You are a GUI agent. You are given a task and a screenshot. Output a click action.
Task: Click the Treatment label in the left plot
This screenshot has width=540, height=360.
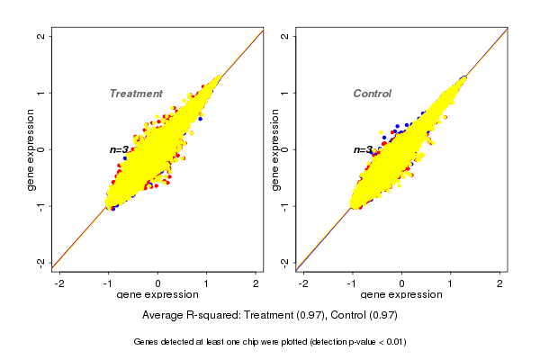coord(136,94)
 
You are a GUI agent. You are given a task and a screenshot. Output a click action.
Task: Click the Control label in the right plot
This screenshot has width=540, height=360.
coord(373,94)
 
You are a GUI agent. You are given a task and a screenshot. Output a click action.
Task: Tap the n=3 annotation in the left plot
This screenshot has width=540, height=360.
coord(120,149)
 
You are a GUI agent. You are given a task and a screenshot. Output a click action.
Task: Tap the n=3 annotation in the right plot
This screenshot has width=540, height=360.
coord(364,149)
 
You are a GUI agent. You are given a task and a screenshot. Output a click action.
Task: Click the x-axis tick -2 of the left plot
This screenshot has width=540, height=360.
coord(60,283)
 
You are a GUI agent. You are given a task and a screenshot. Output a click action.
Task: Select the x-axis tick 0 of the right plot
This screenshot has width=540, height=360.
coord(402,283)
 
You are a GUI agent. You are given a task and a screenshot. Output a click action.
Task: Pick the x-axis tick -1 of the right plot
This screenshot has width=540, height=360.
coord(353,283)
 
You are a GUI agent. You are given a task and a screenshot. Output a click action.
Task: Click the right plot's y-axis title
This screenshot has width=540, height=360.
coord(274,149)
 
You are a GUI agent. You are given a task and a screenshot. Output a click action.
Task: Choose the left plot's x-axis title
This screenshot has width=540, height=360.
coord(157,296)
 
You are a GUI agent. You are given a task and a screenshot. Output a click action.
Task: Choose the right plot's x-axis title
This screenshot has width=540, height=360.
coord(402,296)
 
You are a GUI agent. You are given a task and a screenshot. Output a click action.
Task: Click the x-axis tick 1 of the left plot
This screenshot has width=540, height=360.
coord(207,283)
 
